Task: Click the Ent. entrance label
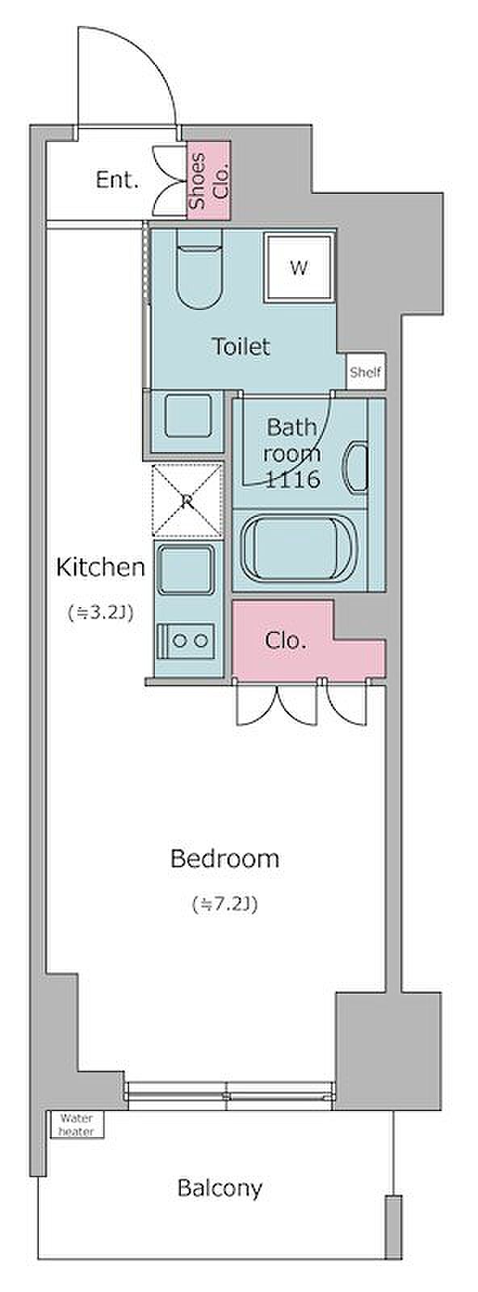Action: (117, 181)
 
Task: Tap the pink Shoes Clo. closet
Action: (209, 180)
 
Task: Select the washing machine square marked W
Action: (300, 267)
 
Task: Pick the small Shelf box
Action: (366, 372)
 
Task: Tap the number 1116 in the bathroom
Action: (291, 480)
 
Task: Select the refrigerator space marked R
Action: (187, 501)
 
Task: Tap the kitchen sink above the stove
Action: (186, 570)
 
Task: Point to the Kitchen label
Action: (100, 568)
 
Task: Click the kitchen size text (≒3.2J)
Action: (100, 613)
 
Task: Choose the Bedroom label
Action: (225, 859)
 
